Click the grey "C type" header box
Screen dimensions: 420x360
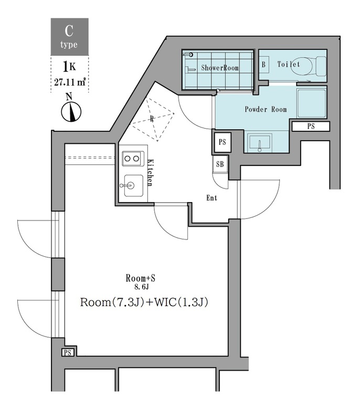(x=69, y=37)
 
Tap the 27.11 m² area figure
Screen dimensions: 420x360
(x=69, y=81)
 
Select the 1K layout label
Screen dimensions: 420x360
(x=69, y=67)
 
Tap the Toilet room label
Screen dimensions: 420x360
(x=289, y=65)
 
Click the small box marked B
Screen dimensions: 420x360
(x=263, y=65)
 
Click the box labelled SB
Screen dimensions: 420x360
(x=220, y=164)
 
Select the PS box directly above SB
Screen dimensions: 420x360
(x=221, y=141)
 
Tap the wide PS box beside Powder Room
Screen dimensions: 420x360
(x=310, y=126)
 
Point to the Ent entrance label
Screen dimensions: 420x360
(x=211, y=198)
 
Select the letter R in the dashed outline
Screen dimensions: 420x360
(x=152, y=119)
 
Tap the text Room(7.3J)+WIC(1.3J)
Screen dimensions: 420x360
(x=141, y=303)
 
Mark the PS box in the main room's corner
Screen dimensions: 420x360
(x=68, y=353)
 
